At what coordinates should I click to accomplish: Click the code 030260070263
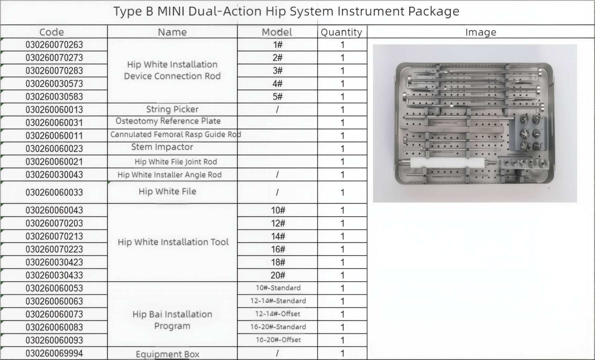tap(54, 45)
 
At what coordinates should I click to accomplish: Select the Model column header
tap(277, 32)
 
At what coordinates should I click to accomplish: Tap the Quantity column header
tap(342, 32)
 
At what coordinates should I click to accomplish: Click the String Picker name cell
tap(172, 109)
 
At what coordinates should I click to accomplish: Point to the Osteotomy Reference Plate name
tap(168, 121)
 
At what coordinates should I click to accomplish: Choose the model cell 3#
tap(277, 71)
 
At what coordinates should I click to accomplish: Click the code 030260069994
tap(54, 353)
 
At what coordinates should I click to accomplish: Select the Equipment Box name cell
tap(168, 354)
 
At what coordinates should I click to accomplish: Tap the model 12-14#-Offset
tap(278, 314)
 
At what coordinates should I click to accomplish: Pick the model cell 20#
tap(278, 275)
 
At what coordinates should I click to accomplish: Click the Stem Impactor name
tap(162, 147)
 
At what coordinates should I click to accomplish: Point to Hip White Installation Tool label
tap(173, 242)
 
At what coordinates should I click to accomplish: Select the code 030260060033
tap(54, 192)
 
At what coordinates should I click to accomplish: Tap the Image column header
tap(481, 32)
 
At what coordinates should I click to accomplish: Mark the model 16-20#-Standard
tap(278, 327)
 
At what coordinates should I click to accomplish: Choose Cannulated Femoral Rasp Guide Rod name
tap(176, 134)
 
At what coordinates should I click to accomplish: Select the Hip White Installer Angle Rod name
tap(170, 175)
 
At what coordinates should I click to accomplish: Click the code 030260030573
tap(54, 84)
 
